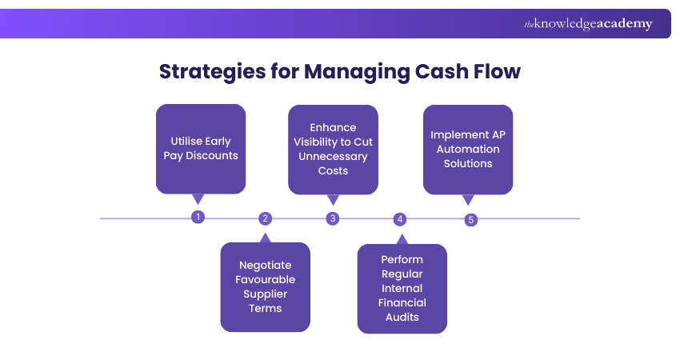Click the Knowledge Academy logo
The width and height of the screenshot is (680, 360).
(588, 24)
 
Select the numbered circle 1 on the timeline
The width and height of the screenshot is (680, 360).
(198, 217)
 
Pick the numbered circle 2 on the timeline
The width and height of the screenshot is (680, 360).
(266, 218)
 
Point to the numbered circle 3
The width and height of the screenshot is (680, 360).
(333, 218)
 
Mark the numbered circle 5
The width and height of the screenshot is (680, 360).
(470, 220)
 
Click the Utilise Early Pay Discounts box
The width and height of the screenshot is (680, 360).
(201, 149)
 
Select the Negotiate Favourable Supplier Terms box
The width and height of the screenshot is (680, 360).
(265, 286)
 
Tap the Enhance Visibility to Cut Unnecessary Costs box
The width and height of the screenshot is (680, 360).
(333, 149)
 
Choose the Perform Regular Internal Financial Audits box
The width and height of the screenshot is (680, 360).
(402, 288)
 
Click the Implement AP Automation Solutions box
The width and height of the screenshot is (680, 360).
(468, 150)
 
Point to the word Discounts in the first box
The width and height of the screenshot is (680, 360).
(212, 155)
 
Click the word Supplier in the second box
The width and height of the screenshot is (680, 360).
(265, 294)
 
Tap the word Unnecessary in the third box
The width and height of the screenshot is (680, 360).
(333, 156)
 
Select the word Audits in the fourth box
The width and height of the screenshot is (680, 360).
(402, 317)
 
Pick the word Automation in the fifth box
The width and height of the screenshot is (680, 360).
(468, 149)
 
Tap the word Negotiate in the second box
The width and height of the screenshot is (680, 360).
(265, 265)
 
